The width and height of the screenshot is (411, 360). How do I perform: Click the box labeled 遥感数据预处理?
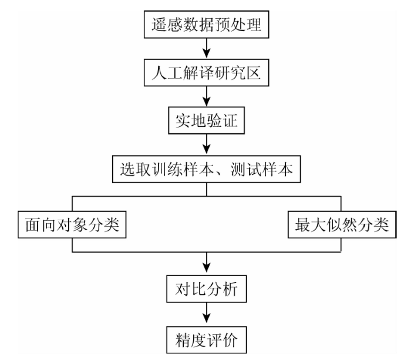[x=206, y=25]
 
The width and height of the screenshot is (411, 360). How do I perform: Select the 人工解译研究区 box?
[x=206, y=73]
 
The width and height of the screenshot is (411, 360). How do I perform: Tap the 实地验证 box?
[x=206, y=120]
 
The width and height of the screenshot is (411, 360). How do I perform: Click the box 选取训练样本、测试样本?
[x=206, y=169]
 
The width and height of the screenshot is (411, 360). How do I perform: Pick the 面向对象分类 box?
[x=72, y=224]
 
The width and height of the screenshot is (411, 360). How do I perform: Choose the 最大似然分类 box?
[x=342, y=224]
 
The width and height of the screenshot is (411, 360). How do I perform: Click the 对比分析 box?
[x=207, y=289]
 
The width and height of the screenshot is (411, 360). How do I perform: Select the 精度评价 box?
[x=207, y=340]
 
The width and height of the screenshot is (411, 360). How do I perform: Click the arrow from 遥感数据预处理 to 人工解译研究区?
[x=207, y=49]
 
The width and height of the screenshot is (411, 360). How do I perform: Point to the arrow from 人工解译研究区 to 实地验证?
[x=207, y=96]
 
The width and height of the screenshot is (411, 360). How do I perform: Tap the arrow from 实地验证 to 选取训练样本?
[x=207, y=144]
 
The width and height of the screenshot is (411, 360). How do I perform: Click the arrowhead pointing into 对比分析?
[x=207, y=268]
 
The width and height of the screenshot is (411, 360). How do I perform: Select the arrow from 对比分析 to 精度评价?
[x=207, y=313]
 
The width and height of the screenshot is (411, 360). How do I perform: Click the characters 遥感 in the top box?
[x=167, y=25]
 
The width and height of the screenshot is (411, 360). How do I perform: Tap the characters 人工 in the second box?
[x=167, y=73]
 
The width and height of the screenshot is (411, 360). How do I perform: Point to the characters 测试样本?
[x=262, y=169]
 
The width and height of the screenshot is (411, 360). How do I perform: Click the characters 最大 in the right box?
[x=311, y=225]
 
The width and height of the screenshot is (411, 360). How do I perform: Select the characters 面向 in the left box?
[x=41, y=225]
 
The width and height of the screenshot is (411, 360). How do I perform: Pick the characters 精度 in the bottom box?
[x=191, y=340]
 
